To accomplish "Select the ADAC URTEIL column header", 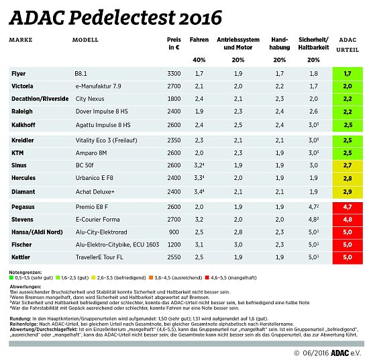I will point(347,44).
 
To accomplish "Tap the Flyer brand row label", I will point(19,73).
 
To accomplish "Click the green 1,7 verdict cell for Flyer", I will point(347,73).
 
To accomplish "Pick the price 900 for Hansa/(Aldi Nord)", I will point(174,231).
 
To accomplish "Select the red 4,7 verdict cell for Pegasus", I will point(347,206).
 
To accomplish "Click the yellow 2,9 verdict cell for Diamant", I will point(347,191).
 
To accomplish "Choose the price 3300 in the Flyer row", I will point(174,73).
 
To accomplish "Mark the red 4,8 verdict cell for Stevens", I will point(347,218).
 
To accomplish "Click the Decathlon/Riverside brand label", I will point(40,99).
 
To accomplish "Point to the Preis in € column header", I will point(174,44).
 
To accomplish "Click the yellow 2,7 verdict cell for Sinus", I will point(347,165).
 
